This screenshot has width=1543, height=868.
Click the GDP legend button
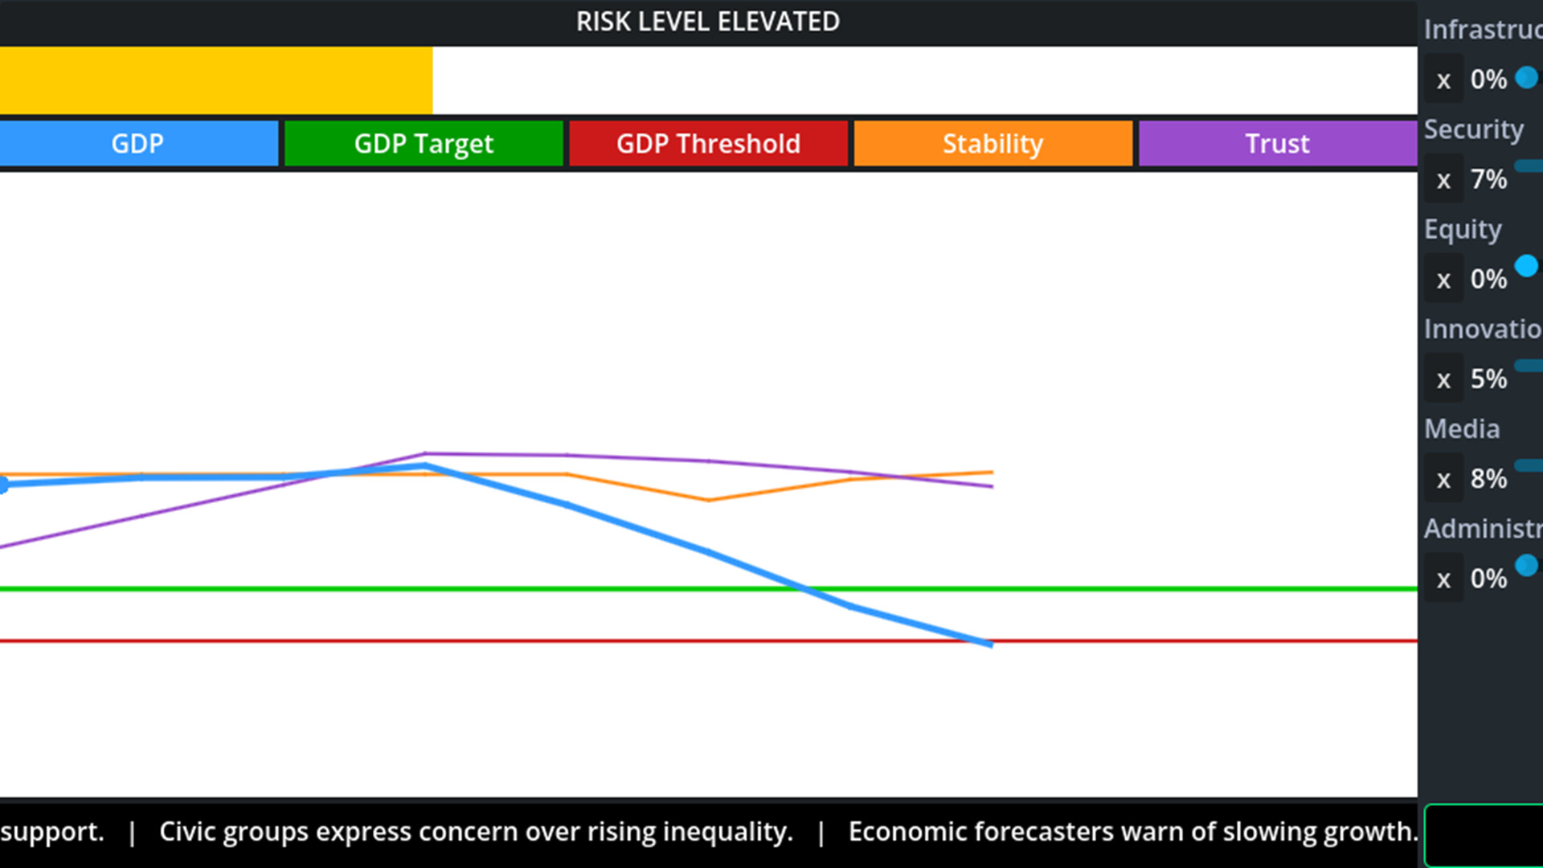138,144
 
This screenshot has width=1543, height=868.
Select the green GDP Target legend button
424,144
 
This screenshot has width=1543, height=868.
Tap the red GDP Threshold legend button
708,144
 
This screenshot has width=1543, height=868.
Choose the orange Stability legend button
993,144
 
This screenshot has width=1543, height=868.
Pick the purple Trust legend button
1277,144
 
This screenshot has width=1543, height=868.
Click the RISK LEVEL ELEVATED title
707,22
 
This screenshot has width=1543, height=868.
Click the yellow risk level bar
215,80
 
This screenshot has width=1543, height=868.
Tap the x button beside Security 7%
1443,180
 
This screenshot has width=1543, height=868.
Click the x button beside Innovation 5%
1443,379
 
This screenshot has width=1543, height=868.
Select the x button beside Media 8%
1443,480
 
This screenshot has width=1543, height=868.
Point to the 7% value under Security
1488,179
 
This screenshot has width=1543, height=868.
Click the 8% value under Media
1488,479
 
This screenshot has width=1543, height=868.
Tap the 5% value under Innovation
1488,379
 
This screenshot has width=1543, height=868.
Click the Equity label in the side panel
1463,230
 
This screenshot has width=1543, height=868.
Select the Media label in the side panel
1461,429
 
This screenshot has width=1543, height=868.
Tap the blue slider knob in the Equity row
1526,266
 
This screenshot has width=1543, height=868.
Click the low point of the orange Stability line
708,500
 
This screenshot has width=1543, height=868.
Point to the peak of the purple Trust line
425,453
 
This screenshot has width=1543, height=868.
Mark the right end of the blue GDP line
992,644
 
